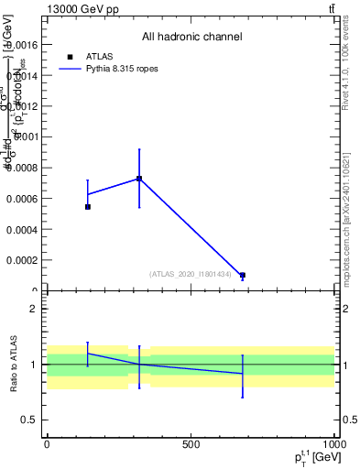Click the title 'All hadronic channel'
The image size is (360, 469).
coord(191,38)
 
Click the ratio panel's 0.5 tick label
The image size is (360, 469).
coord(29,420)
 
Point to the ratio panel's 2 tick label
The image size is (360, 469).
coord(33,309)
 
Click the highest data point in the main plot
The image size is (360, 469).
coord(139,178)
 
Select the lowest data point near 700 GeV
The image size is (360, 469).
coord(243,275)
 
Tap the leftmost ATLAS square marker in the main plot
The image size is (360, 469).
coord(88,207)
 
